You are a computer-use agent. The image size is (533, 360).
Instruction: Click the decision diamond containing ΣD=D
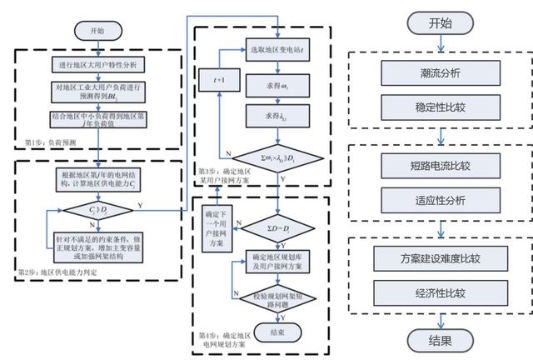tap(281, 227)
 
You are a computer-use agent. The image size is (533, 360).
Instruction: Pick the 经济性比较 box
tap(440, 293)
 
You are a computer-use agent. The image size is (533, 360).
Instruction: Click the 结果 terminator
tap(440, 340)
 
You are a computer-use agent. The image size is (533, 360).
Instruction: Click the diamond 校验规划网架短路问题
tap(281, 297)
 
